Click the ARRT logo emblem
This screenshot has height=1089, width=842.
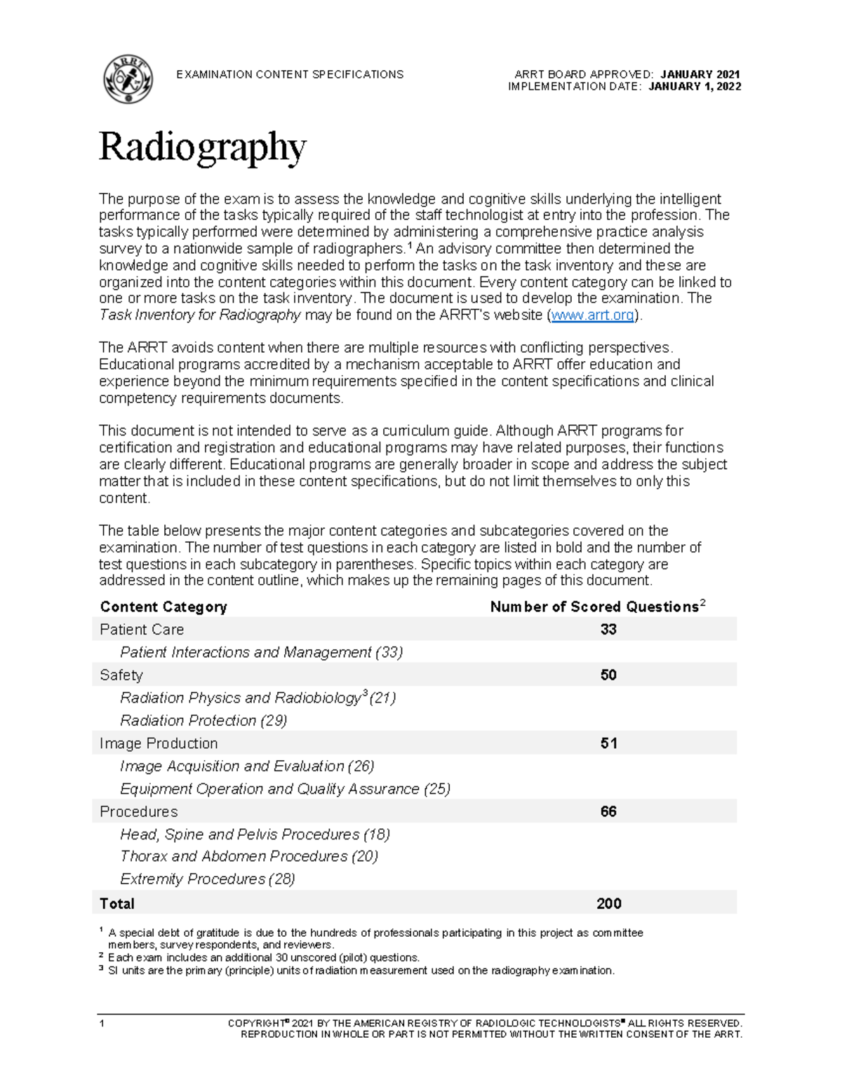pyautogui.click(x=128, y=80)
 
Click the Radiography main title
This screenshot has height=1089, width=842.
pyautogui.click(x=202, y=147)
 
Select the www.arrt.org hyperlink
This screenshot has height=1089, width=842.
pyautogui.click(x=592, y=316)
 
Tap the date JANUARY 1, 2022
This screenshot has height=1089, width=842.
pyautogui.click(x=695, y=87)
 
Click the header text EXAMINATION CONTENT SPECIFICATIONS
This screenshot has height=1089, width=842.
pyautogui.click(x=290, y=74)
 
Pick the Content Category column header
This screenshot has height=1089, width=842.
pyautogui.click(x=163, y=607)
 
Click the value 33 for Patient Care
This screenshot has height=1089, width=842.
pyautogui.click(x=608, y=629)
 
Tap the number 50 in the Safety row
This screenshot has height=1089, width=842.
pyautogui.click(x=608, y=675)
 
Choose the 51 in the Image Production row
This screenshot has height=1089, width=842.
pyautogui.click(x=608, y=743)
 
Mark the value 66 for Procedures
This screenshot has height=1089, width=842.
pyautogui.click(x=608, y=811)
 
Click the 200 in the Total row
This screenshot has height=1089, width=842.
pyautogui.click(x=608, y=903)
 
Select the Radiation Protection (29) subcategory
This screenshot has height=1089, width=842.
pyautogui.click(x=203, y=720)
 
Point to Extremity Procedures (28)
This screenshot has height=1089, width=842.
pyautogui.click(x=207, y=879)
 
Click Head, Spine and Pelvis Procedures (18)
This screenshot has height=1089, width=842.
pyautogui.click(x=255, y=834)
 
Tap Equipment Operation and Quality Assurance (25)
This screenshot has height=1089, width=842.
pyautogui.click(x=285, y=789)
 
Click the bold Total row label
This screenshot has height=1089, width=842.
pyautogui.click(x=117, y=903)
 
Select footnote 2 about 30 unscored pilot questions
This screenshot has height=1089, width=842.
pyautogui.click(x=263, y=958)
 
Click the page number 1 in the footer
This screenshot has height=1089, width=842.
pyautogui.click(x=102, y=1024)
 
